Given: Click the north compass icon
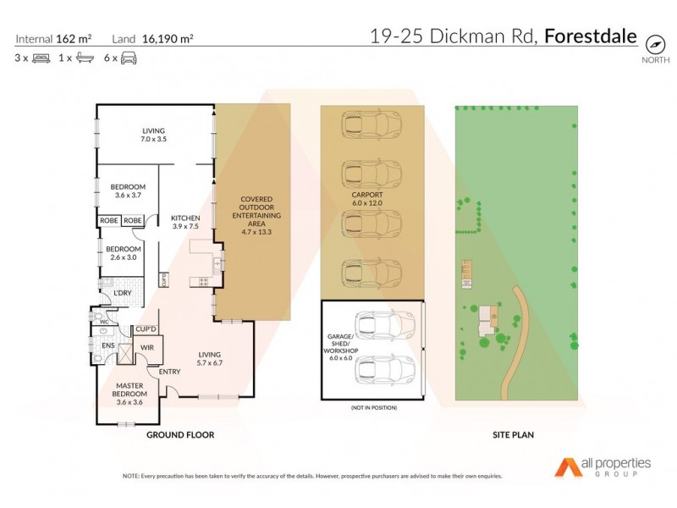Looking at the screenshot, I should point(653,43).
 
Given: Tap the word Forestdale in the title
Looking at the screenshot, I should point(590,36).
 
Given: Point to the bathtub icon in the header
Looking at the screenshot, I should point(85,58).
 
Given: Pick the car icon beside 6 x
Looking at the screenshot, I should point(129,58).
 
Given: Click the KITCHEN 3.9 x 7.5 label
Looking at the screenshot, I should point(184,222).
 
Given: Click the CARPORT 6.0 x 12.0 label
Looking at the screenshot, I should point(372,198).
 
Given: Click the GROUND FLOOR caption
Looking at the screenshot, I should point(180,434).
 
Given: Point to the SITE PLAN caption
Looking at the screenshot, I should point(513,434).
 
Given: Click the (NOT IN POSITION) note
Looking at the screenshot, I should point(372,408).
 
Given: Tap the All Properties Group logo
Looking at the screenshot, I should point(603,467).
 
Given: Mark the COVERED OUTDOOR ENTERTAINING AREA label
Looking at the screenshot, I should point(255,214).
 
